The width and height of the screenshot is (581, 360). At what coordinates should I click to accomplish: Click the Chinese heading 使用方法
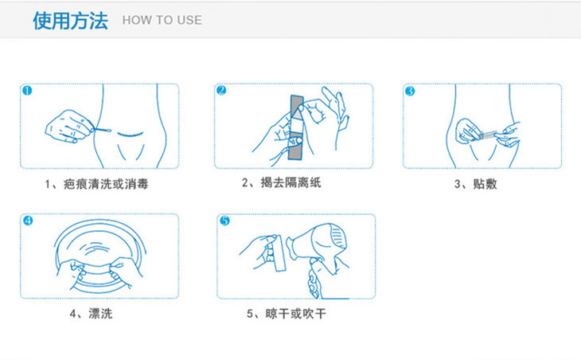70,21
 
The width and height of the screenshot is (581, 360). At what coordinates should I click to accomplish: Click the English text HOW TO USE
162,20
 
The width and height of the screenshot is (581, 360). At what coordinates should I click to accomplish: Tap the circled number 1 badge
27,91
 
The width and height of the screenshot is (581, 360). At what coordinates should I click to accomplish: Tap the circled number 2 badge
221,91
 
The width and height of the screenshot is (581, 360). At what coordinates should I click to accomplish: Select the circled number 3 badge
410,91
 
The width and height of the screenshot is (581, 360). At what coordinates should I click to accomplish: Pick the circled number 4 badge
28,221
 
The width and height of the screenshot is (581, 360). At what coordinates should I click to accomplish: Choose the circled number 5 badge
224,221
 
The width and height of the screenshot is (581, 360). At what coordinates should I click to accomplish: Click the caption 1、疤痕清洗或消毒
97,184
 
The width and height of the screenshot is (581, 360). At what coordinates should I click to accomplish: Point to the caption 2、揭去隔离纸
281,182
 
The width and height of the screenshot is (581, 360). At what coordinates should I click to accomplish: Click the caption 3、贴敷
475,184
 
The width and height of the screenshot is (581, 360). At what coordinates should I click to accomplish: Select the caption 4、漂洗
92,314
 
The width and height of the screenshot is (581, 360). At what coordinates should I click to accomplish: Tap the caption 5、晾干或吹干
287,314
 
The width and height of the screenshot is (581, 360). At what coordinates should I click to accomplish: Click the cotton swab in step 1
102,130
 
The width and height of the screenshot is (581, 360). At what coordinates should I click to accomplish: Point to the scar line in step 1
130,134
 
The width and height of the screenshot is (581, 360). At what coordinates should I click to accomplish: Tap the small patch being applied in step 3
488,135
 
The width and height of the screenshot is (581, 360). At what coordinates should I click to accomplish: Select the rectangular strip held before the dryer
279,253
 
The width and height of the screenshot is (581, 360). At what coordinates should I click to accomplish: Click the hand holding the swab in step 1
69,127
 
